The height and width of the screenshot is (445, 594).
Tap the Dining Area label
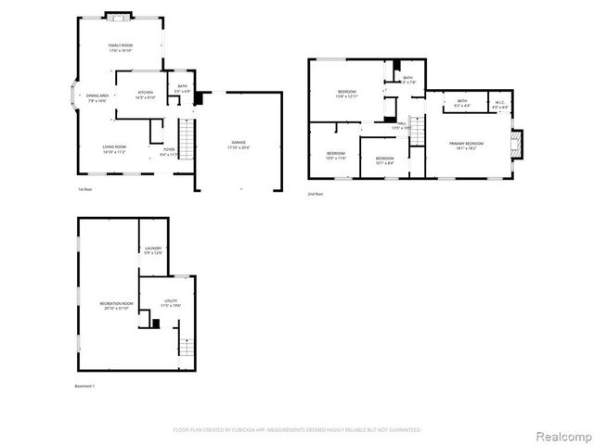coord(98,96)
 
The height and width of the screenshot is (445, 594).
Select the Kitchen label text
coord(146,93)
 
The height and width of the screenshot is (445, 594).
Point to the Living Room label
coord(114,147)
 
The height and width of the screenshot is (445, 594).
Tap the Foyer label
coord(169,150)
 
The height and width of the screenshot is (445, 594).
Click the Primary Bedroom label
coord(467,144)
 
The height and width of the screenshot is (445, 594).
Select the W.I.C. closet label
coord(499,102)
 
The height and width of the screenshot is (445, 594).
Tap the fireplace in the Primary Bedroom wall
coord(517,142)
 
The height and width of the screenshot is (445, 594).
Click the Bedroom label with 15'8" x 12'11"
coord(347,92)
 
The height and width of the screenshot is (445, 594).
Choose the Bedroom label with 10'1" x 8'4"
coord(384,159)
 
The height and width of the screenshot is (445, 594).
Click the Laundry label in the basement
coord(153,248)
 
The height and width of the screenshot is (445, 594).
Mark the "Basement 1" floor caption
coord(85,385)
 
